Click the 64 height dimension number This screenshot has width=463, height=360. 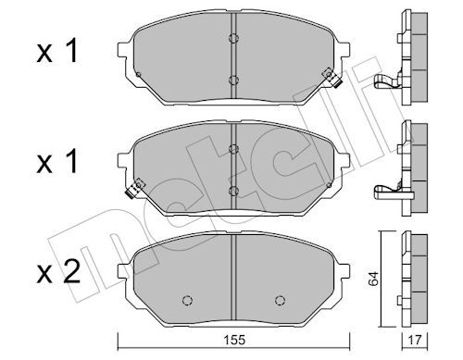[373, 279]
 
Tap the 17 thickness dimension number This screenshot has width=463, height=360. [415, 341]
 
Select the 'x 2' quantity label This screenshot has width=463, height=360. [58, 272]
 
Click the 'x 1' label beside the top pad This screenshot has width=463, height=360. [56, 51]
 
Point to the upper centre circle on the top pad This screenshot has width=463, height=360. [233, 38]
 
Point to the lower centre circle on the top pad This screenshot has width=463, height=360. [233, 81]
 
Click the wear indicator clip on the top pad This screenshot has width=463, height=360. [332, 78]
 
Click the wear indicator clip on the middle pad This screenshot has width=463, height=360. [134, 189]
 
